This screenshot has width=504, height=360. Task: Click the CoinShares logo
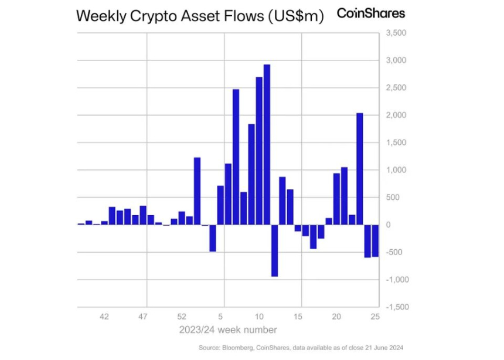[x=370, y=13]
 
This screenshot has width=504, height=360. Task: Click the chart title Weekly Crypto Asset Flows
[x=200, y=16]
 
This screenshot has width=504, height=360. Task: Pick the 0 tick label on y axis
[x=387, y=225]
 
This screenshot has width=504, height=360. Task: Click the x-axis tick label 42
[x=104, y=317]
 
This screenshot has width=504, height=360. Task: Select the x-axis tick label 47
[x=143, y=317]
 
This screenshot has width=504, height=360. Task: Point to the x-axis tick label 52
[x=182, y=317]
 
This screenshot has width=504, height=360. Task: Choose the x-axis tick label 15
[x=298, y=317]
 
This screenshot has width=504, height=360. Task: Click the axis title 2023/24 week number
[x=229, y=330]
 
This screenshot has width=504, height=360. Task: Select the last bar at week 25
[x=375, y=240]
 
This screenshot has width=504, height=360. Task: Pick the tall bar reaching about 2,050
[x=360, y=169]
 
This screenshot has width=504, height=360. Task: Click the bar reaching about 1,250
[x=197, y=191]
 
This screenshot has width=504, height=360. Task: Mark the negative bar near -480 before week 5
[x=213, y=238]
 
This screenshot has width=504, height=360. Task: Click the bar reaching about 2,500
[x=236, y=157]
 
